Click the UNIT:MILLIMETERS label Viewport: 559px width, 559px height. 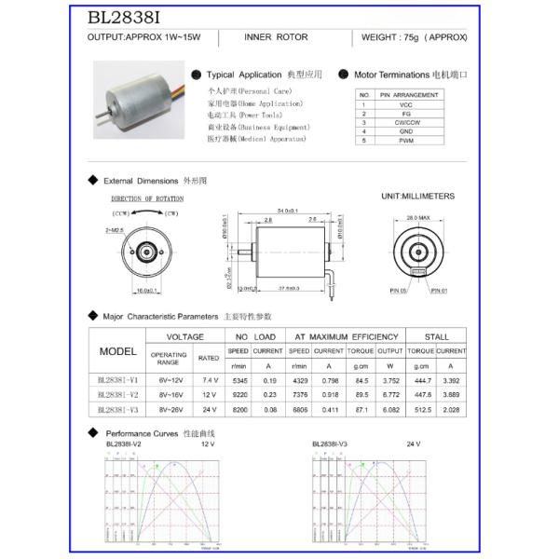pos(417,197)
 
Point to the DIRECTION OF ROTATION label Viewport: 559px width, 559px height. pos(147,198)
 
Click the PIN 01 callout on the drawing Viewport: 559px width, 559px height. pos(439,290)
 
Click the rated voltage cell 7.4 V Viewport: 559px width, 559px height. pos(210,380)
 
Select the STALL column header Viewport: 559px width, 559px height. pos(436,336)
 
